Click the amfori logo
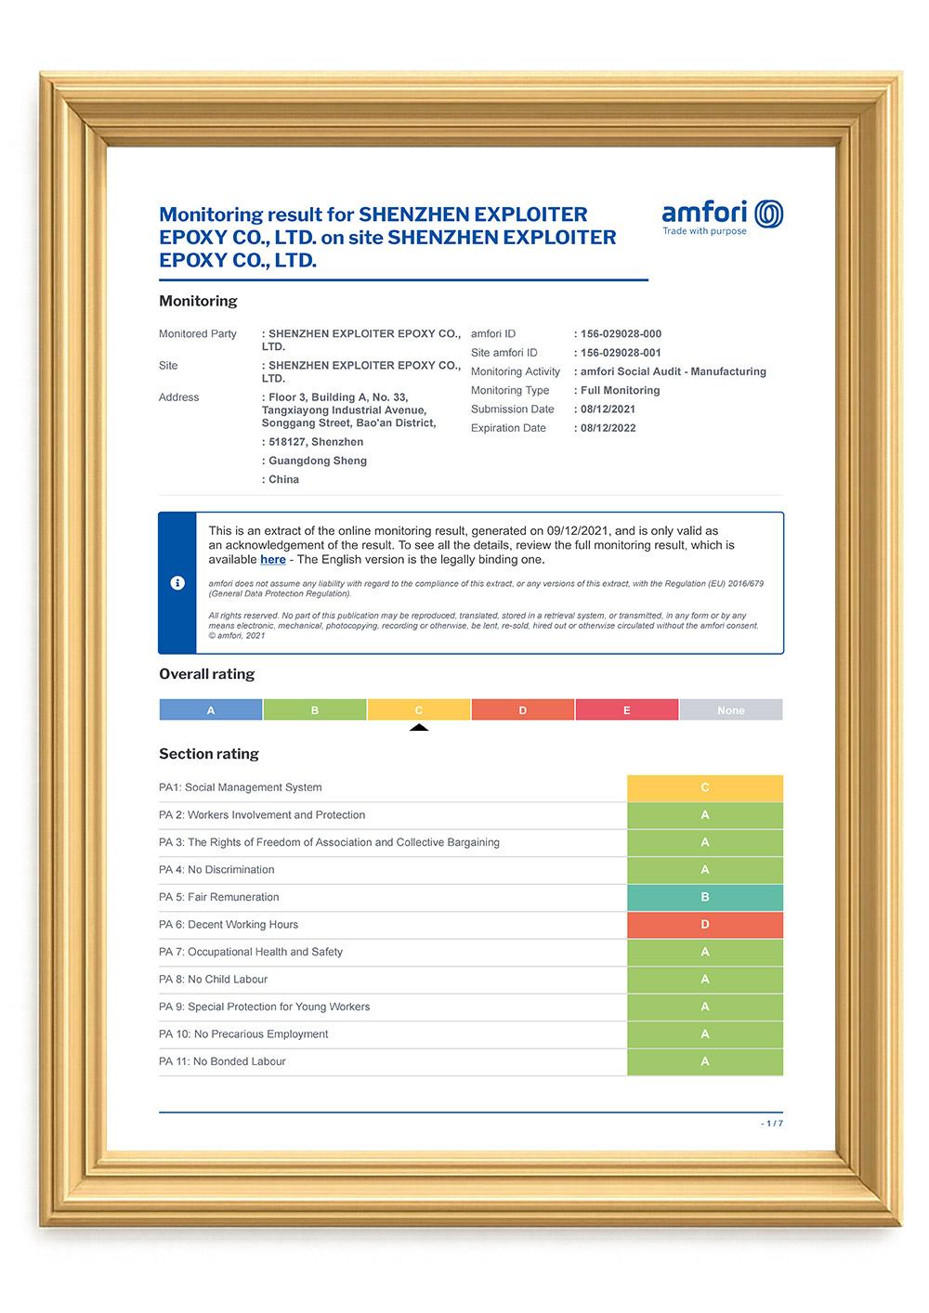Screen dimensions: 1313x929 pos(722,216)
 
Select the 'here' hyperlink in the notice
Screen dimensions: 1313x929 pos(272,560)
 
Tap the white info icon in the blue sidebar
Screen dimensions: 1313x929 pos(177,583)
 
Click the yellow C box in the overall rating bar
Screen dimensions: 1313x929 pos(419,710)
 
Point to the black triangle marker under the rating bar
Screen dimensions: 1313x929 pos(419,727)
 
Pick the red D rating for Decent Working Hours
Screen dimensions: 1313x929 pos(705,925)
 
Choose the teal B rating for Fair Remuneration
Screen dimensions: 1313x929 pos(705,897)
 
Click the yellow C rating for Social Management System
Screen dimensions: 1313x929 pos(705,787)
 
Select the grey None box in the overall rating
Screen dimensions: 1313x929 pos(731,710)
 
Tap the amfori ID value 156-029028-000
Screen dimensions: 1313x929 pos(621,334)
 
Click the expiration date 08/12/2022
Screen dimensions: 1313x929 pos(608,428)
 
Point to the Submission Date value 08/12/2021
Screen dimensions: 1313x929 pos(608,409)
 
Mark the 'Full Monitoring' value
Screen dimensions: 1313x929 pos(620,391)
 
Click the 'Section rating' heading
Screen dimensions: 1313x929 pos(209,754)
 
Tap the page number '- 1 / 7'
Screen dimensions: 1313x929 pos(772,1124)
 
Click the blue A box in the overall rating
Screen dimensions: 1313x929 pos(211,710)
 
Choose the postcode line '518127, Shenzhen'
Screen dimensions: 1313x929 pos(315,442)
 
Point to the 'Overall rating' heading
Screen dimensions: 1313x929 pos(206,674)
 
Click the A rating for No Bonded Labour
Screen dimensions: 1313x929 pos(705,1061)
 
